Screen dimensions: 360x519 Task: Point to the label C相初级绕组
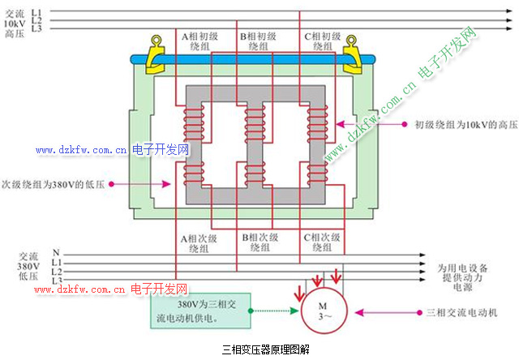321,41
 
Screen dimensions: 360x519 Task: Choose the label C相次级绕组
321,243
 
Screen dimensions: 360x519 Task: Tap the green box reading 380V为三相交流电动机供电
199,310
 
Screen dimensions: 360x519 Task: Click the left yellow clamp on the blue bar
156,53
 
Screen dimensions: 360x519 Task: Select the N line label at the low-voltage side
56,252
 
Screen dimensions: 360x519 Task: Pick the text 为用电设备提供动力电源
462,276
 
